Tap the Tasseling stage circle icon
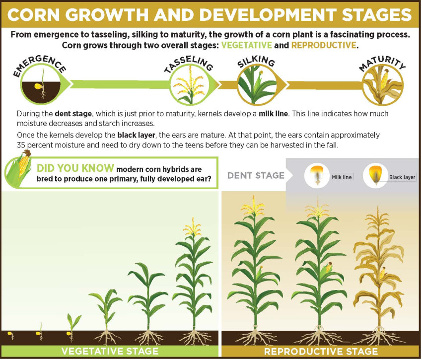pyautogui.click(x=189, y=86)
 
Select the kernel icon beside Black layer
pyautogui.click(x=376, y=175)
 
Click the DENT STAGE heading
pyautogui.click(x=256, y=175)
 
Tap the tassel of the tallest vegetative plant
pyautogui.click(x=192, y=227)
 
